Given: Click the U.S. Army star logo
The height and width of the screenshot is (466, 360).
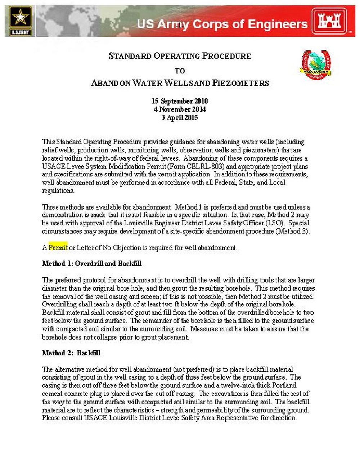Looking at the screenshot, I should pyautogui.click(x=20, y=21).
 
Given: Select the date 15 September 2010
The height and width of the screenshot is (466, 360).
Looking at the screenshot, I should pyautogui.click(x=180, y=101).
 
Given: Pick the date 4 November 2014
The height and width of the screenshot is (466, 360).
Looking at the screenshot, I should pyautogui.click(x=180, y=109).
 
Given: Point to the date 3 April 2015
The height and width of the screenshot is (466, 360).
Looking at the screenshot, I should pyautogui.click(x=180, y=117).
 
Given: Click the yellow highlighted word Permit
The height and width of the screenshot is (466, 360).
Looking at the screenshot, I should pyautogui.click(x=58, y=248).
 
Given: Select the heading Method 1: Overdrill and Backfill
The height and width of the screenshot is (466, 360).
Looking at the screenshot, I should pyautogui.click(x=92, y=264).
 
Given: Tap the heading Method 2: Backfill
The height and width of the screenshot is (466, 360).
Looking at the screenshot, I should pyautogui.click(x=71, y=353).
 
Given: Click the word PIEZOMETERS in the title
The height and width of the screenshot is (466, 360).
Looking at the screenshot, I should pyautogui.click(x=240, y=83).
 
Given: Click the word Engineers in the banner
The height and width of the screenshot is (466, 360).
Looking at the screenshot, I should pyautogui.click(x=278, y=24).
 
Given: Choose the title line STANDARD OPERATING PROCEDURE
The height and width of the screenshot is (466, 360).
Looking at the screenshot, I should pyautogui.click(x=180, y=56).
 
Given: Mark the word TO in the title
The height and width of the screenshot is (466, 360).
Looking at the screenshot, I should pyautogui.click(x=180, y=71).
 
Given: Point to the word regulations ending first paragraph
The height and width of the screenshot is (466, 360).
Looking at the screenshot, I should pyautogui.click(x=58, y=191).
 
